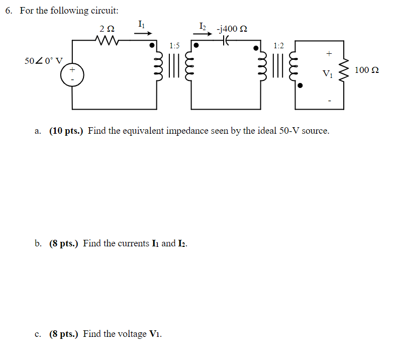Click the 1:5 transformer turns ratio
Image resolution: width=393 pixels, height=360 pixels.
174,46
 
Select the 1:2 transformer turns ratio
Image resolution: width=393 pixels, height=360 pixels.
278,46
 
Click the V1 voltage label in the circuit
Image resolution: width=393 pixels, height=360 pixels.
328,74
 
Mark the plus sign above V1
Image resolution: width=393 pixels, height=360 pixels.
329,52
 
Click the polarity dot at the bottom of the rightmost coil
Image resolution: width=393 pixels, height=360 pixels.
300,86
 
